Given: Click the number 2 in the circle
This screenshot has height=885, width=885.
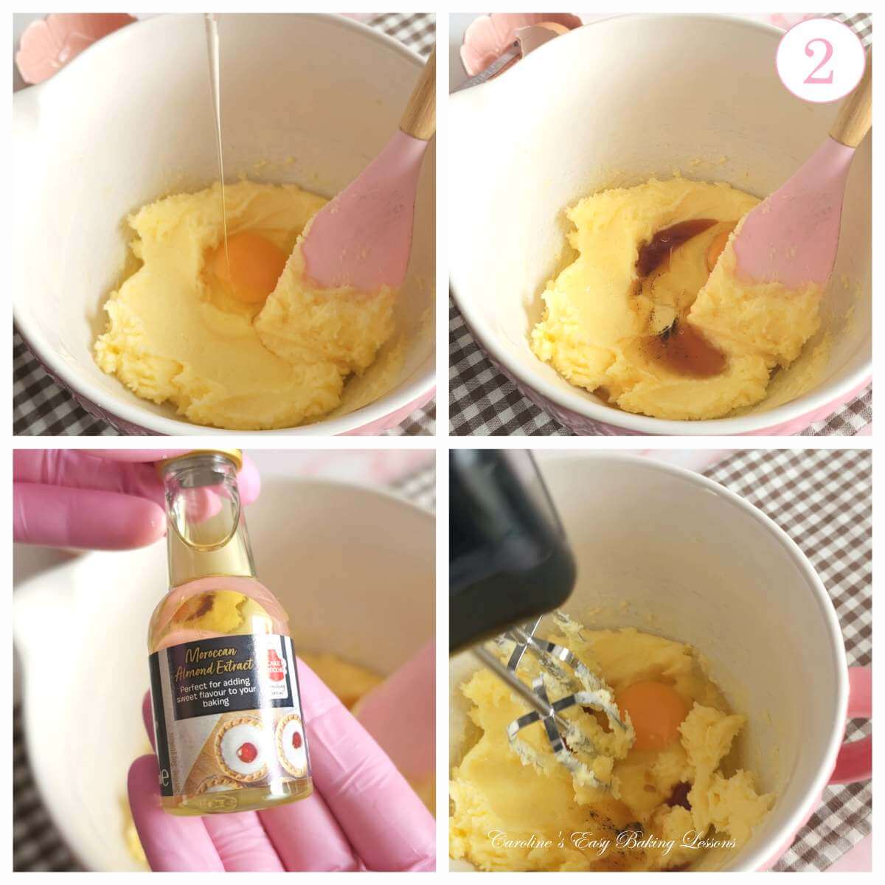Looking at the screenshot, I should point(819,63).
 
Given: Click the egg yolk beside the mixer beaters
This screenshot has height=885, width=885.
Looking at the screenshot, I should point(653,712).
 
